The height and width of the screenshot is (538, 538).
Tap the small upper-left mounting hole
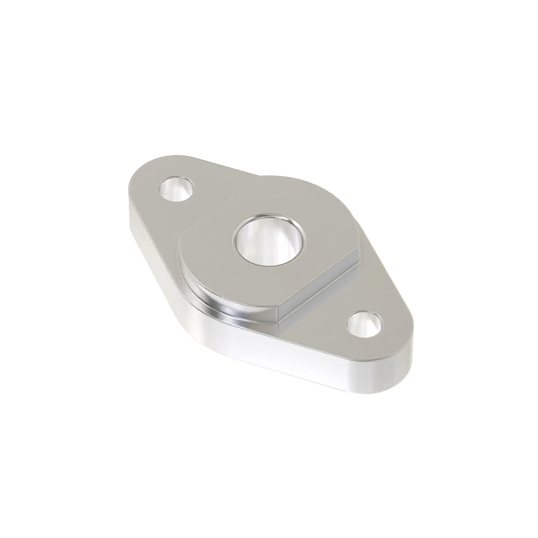[x=176, y=189]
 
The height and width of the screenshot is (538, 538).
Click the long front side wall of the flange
[x=278, y=359]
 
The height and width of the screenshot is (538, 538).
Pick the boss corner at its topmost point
[x=260, y=177]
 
